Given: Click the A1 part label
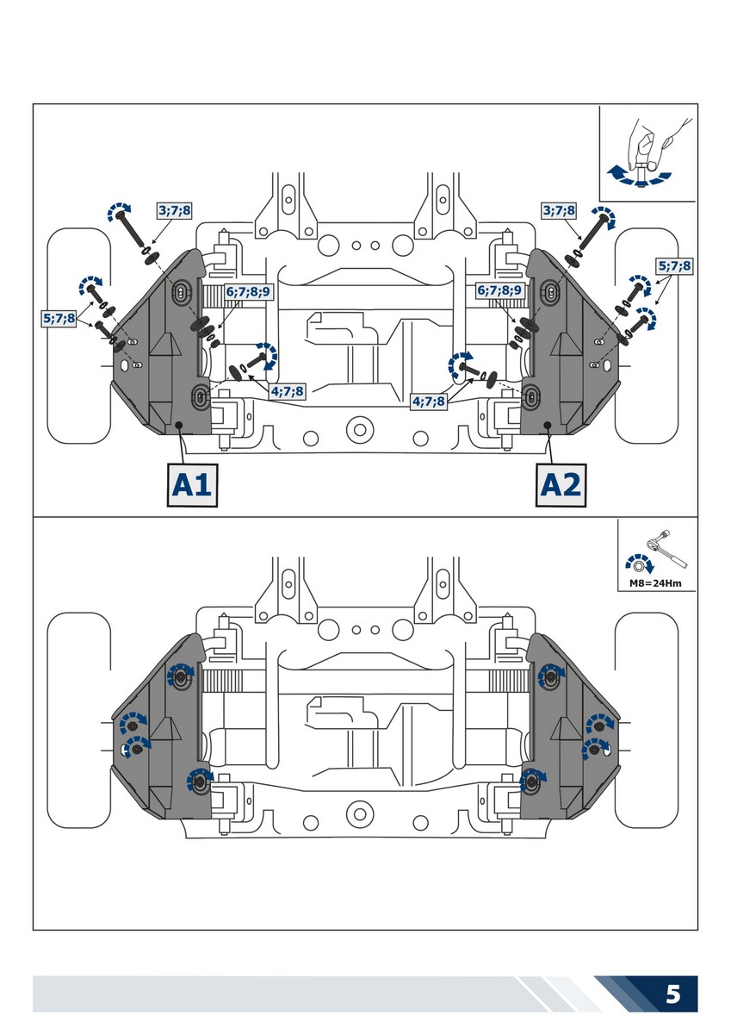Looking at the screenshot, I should (x=191, y=485).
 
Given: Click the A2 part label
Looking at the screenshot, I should (x=560, y=485).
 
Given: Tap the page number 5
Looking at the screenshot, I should (x=673, y=994).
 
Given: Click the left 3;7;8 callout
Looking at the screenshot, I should (x=175, y=209).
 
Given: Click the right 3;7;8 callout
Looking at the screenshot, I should (x=559, y=209).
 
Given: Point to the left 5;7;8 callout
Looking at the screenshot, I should (x=59, y=318).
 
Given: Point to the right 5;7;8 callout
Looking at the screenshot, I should (x=674, y=266).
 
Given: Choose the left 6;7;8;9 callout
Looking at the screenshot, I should (x=248, y=291).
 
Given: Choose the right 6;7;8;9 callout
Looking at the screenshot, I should (x=500, y=291).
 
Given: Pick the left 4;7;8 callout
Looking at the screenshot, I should (x=287, y=391).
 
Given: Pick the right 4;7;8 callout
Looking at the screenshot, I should (x=430, y=401).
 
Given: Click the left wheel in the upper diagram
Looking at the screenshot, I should (x=77, y=336).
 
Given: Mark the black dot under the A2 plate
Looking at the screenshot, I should (x=548, y=425).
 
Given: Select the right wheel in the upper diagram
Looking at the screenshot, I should (x=653, y=336).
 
